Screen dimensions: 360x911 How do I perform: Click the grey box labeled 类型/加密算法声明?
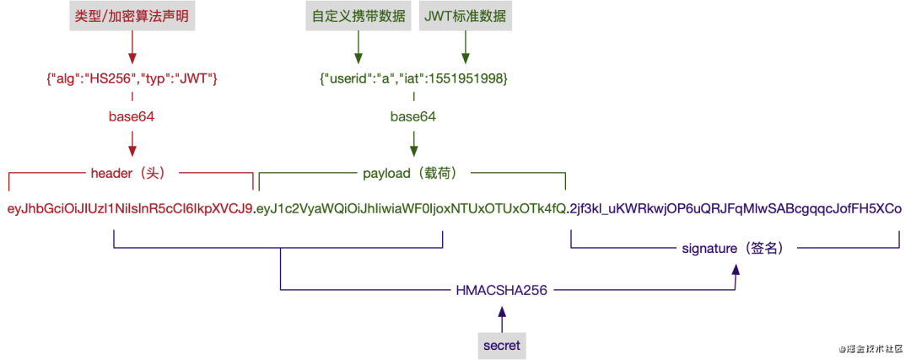pos(132,17)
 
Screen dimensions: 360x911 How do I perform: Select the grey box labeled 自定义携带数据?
pos(358,17)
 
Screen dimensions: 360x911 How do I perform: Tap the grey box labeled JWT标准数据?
pos(464,17)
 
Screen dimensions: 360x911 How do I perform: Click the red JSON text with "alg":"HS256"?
pos(132,78)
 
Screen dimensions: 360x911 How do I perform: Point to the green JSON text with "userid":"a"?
pos(413,78)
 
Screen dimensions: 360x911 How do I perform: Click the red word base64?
pos(132,116)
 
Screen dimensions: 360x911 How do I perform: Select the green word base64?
pos(413,116)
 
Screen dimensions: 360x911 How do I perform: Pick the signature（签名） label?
pos(733,249)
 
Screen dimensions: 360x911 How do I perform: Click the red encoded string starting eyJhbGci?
pos(130,208)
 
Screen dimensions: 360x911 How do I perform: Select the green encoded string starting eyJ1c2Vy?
pos(411,208)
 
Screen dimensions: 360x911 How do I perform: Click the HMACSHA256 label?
pos(502,290)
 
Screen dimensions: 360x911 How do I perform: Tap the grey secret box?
pos(502,345)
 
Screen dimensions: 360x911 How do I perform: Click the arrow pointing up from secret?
pos(502,319)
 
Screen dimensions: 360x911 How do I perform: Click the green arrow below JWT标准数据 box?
pos(464,50)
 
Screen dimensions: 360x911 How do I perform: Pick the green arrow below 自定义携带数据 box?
pos(358,50)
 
